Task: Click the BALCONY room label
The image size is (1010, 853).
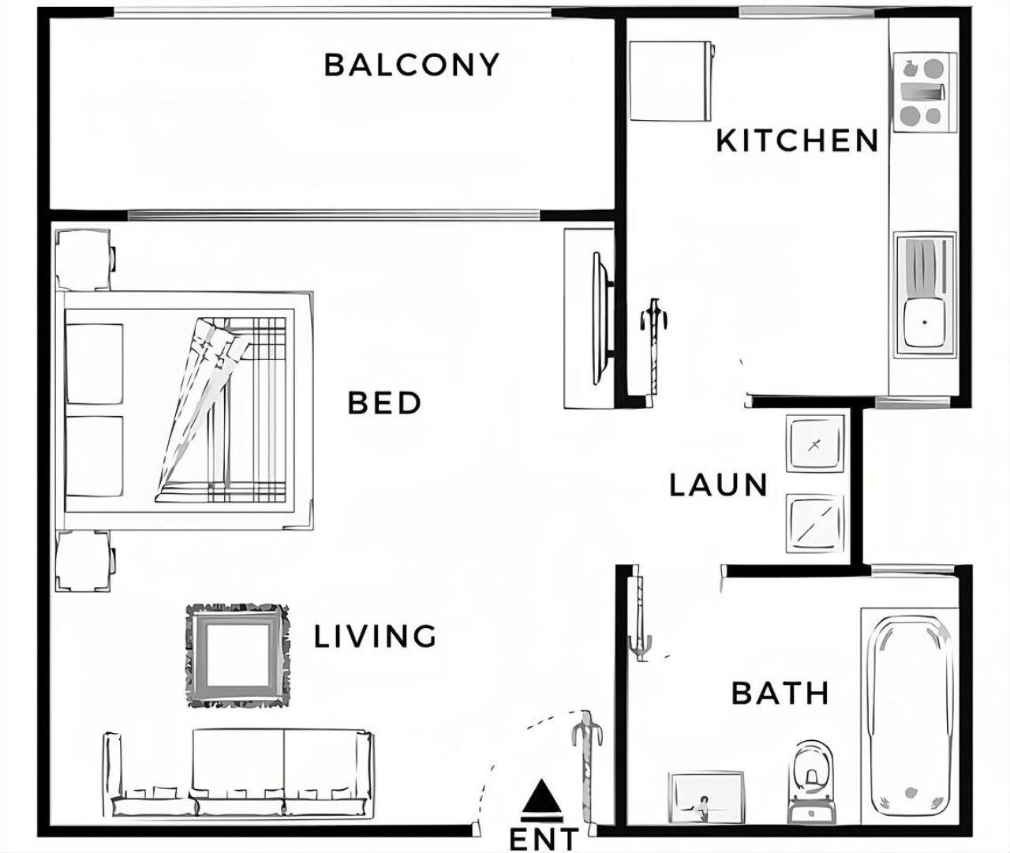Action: pos(412,65)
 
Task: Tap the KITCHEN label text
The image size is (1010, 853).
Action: pos(797,140)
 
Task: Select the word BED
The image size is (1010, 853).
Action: pos(384,403)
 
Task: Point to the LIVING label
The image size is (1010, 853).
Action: pos(376,636)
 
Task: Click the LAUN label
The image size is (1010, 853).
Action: pos(718,485)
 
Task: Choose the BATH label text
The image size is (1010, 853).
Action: pos(780,694)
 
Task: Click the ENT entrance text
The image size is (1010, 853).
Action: pos(544,840)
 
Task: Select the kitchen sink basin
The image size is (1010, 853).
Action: pos(924,322)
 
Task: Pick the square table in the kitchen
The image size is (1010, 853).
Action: pos(671,80)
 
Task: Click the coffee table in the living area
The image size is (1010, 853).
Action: pos(238,655)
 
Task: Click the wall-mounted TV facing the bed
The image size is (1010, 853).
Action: pos(603,318)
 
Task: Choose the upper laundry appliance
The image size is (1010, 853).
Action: pos(815,443)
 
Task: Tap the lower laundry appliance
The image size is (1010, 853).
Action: pos(815,523)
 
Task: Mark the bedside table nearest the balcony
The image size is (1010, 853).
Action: pos(84,260)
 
